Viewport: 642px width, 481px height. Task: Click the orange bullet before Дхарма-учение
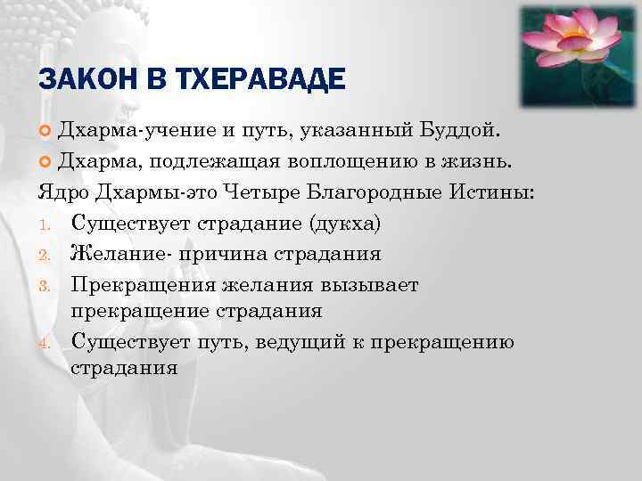tap(46, 134)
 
